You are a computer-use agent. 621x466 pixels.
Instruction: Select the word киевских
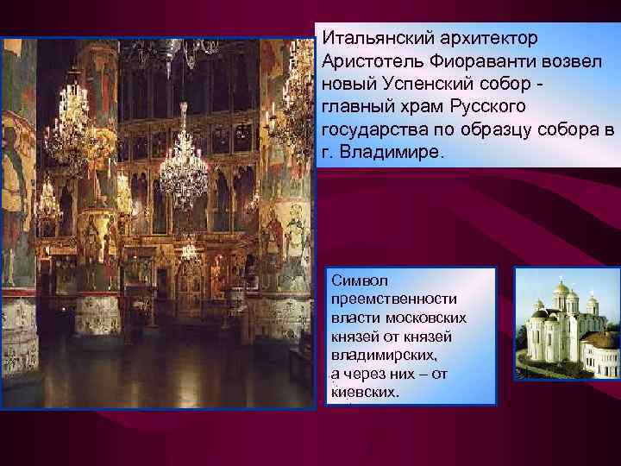pos(363,392)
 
